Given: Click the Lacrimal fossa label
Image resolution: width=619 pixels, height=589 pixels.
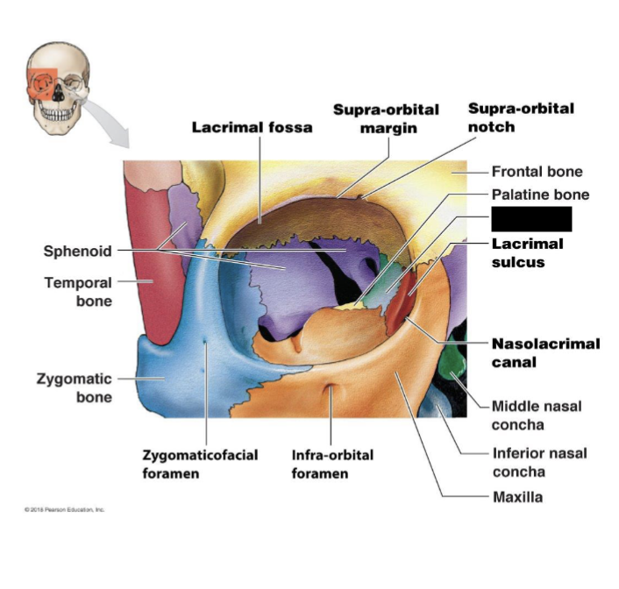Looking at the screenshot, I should tap(252, 127).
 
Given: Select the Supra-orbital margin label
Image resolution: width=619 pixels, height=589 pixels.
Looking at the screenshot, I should tap(386, 118).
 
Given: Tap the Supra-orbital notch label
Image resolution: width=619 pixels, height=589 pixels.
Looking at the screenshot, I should tap(521, 117).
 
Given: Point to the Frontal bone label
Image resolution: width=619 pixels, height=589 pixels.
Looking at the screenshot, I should tap(537, 172).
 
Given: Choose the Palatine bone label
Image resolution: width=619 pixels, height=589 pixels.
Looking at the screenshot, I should tap(540, 195).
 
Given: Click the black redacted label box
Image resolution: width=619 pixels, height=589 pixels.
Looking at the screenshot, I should tap(531, 219).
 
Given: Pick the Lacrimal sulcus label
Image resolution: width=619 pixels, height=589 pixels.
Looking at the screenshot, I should tap(527, 252).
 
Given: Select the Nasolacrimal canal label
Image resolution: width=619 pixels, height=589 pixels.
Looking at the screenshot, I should tap(545, 352).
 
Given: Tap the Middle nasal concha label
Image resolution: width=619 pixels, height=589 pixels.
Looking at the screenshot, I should tap(536, 415).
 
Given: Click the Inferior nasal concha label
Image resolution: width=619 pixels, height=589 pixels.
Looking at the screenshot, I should tap(539, 463).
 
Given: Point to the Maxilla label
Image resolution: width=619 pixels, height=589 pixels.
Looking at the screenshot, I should tap(516, 497).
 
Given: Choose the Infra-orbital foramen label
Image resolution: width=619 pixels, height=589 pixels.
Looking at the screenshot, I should tap(332, 464).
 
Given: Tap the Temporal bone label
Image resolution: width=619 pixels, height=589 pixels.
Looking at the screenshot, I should tap(78, 292).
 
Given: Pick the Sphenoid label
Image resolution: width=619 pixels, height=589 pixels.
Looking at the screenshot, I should tap(78, 252).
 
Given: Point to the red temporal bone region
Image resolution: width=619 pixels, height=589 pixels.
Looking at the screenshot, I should tap(151, 263).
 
